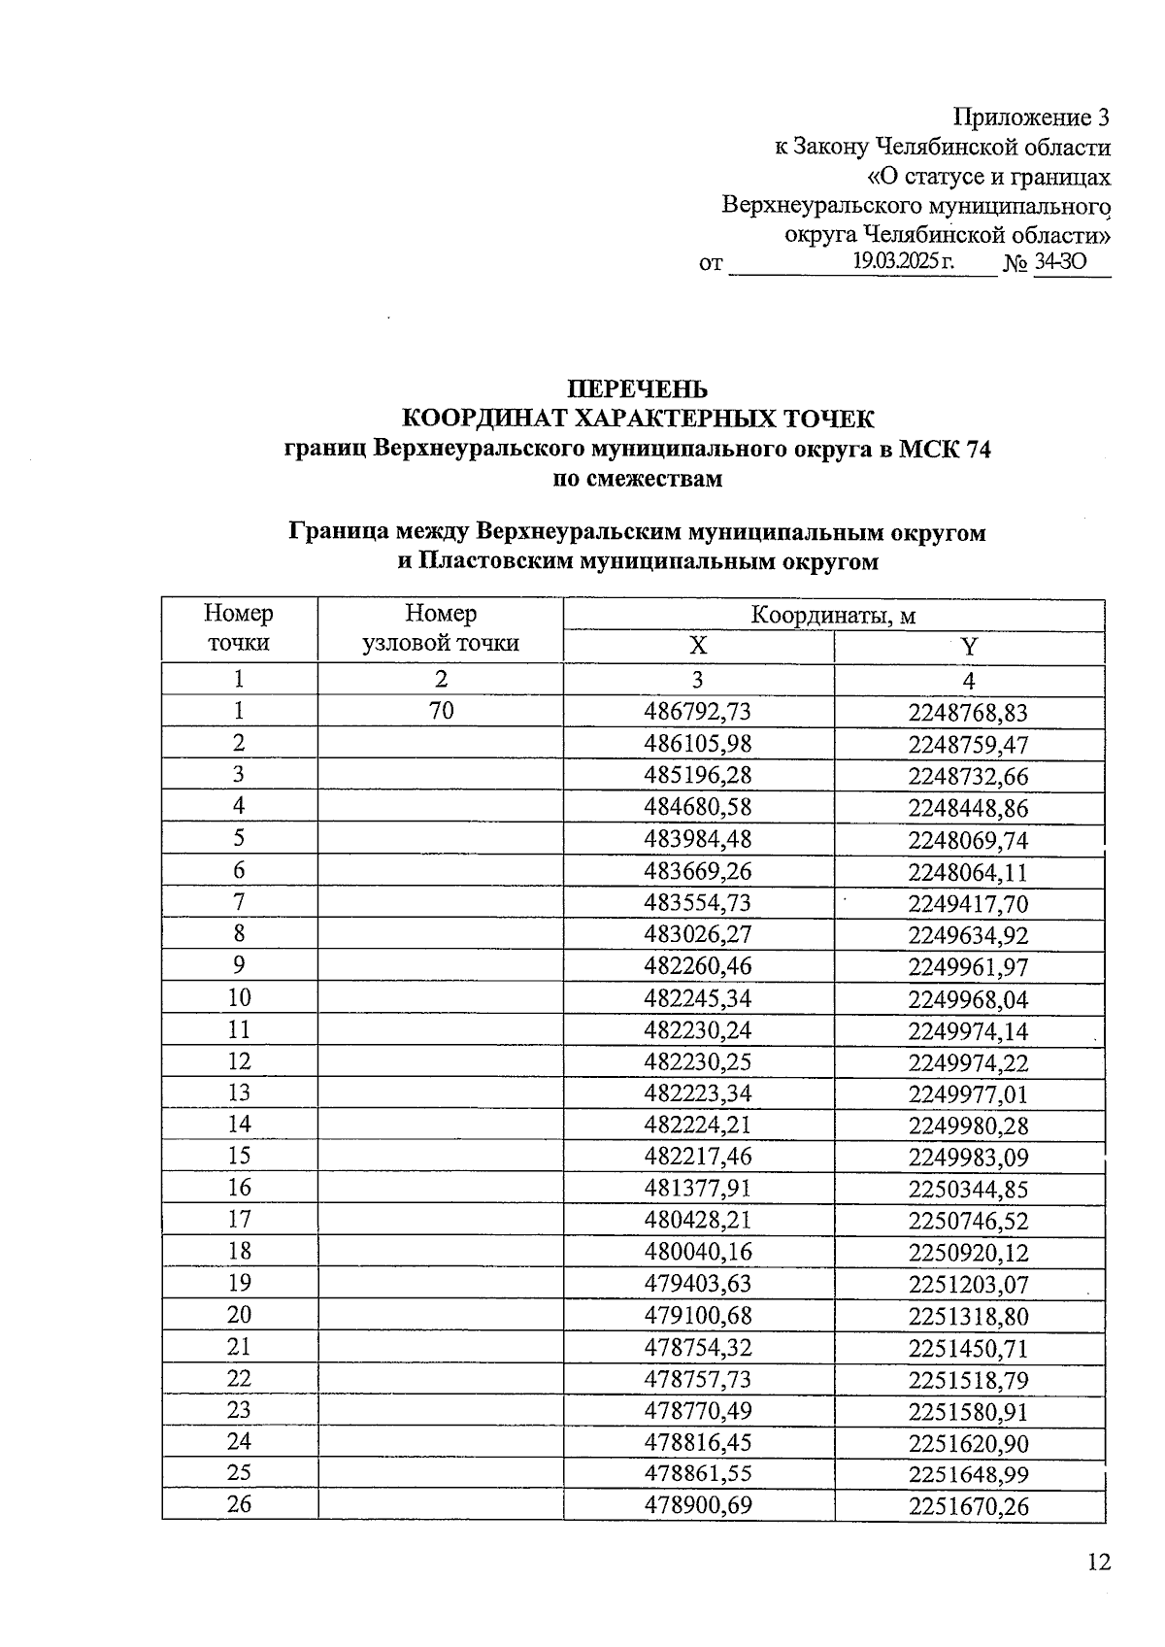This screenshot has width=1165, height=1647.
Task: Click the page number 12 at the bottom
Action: pyautogui.click(x=1098, y=1562)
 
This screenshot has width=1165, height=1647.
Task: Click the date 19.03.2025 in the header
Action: pyautogui.click(x=903, y=261)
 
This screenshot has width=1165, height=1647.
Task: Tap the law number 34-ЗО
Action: pyautogui.click(x=1060, y=262)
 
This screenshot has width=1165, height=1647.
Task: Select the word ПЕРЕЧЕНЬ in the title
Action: pyautogui.click(x=638, y=389)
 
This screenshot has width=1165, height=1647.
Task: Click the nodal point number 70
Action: pyautogui.click(x=441, y=711)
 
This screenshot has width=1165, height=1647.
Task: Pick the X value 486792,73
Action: pyautogui.click(x=697, y=712)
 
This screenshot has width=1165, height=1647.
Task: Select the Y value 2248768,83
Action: pyautogui.click(x=968, y=714)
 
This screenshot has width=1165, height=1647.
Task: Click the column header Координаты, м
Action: pyautogui.click(x=833, y=616)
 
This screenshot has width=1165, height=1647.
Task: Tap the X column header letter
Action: pyautogui.click(x=698, y=648)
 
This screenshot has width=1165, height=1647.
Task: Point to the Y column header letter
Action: pyautogui.click(x=969, y=648)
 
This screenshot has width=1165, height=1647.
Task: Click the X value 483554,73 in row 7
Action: pyautogui.click(x=697, y=903)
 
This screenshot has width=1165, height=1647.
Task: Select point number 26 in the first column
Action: pyautogui.click(x=239, y=1503)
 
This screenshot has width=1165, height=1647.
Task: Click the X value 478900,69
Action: pyautogui.click(x=697, y=1505)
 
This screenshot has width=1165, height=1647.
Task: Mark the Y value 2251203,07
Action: pyautogui.click(x=968, y=1285)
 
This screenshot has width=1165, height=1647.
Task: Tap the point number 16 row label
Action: pyautogui.click(x=239, y=1187)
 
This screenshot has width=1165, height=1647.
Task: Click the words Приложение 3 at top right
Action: pyautogui.click(x=1031, y=118)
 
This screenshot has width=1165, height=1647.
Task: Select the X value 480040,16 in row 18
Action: pyautogui.click(x=697, y=1252)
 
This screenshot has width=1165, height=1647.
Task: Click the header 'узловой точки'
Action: pyautogui.click(x=441, y=643)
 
